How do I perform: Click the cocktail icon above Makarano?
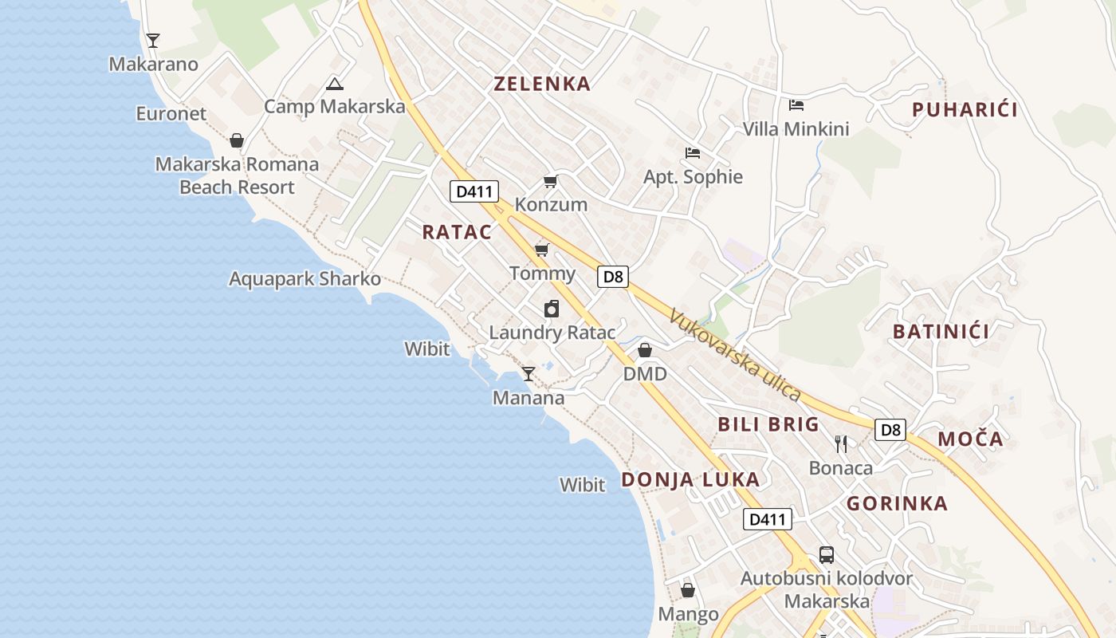153,40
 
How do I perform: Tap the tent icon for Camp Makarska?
335,84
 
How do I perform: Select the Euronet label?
171,113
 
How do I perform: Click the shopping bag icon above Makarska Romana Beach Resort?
237,141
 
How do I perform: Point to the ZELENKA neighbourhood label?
542,84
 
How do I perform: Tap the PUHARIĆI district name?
965,110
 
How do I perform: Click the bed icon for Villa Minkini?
796,104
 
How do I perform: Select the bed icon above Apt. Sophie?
693,152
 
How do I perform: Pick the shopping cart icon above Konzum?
550,182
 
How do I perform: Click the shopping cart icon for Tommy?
542,250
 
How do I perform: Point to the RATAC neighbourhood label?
457,232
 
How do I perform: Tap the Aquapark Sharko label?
305,279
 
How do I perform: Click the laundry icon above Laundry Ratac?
552,309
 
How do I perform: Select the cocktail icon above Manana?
529,373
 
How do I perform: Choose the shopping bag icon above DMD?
645,350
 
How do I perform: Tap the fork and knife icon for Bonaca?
841,443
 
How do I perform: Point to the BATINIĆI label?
941,332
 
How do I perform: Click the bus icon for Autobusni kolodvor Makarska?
827,554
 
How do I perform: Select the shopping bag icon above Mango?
688,591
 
